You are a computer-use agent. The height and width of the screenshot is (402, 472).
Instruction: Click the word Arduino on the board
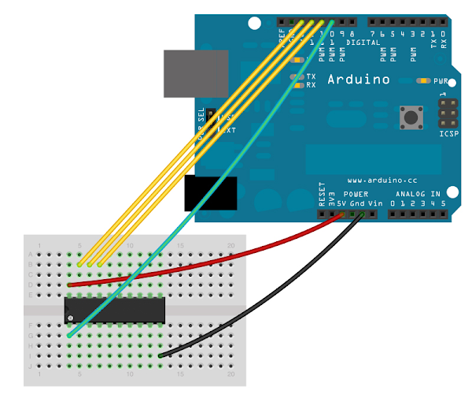pyautogui.click(x=358, y=79)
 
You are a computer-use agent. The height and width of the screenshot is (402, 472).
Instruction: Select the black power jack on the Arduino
pyautogui.click(x=210, y=193)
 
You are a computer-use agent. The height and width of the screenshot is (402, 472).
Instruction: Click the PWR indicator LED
pyautogui.click(x=425, y=80)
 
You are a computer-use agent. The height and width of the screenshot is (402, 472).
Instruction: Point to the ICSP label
pyautogui.click(x=444, y=134)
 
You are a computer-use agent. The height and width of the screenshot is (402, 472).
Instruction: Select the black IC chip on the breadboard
pyautogui.click(x=115, y=309)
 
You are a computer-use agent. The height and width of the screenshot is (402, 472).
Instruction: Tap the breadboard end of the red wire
pyautogui.click(x=70, y=284)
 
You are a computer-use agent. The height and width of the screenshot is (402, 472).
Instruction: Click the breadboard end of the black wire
pyautogui.click(x=160, y=356)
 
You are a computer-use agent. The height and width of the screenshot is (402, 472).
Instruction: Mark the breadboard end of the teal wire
pyautogui.click(x=70, y=336)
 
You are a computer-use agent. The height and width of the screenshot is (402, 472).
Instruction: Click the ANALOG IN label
pyautogui.click(x=418, y=193)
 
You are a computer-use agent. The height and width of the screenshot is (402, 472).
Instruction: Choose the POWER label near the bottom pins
pyautogui.click(x=356, y=193)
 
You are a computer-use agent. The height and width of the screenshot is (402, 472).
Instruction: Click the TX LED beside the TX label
pyautogui.click(x=297, y=76)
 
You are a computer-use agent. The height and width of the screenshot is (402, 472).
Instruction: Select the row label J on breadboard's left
pyautogui.click(x=31, y=367)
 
